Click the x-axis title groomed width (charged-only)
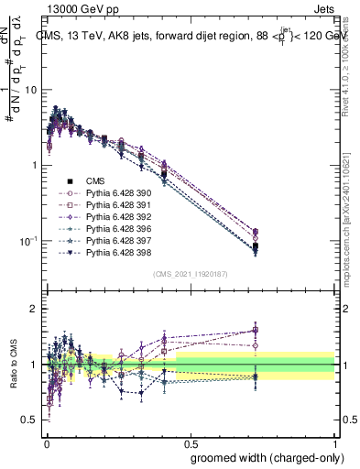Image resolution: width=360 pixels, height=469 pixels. point(264,456)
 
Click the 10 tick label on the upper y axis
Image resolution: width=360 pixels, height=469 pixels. point(32,90)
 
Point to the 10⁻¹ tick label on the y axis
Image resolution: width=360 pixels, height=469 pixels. point(29,241)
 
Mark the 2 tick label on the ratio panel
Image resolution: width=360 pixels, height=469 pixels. point(36,310)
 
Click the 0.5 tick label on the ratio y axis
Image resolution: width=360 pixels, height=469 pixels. point(31,420)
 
